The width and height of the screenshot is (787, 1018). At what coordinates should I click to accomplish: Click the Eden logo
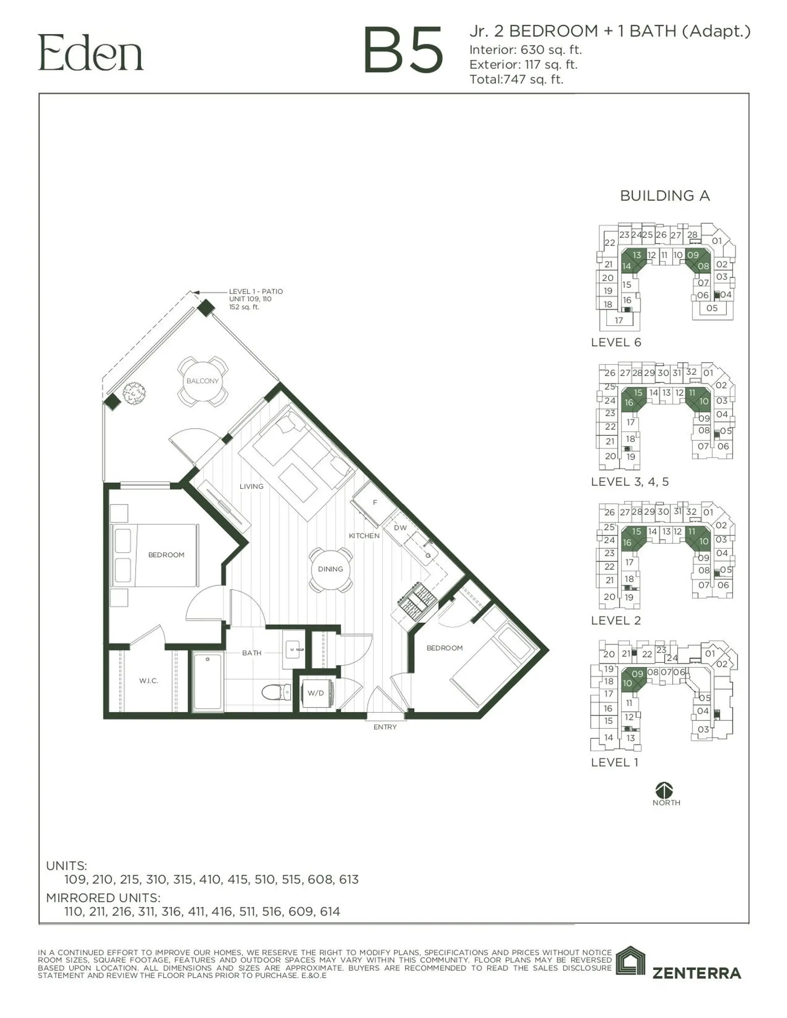point(91,53)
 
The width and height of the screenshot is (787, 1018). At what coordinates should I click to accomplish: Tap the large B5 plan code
point(403,50)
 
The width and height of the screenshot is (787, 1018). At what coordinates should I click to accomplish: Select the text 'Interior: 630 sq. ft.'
point(525,50)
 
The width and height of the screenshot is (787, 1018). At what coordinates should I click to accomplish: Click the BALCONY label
point(202,381)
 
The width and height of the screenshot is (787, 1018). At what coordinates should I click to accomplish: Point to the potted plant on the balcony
point(134,393)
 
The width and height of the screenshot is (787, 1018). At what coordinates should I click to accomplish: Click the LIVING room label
point(251,486)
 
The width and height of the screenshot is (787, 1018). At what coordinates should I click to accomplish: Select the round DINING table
point(330,569)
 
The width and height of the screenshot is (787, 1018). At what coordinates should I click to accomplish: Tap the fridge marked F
point(374,503)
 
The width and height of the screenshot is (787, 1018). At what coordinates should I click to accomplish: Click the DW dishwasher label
point(400,528)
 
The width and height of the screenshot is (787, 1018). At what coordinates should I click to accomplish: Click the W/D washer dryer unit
point(316,693)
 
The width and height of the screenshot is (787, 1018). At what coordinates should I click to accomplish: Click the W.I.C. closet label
point(148,681)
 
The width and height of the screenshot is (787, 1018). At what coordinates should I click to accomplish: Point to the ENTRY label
point(385,727)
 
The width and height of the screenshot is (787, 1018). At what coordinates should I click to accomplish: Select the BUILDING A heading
point(665,196)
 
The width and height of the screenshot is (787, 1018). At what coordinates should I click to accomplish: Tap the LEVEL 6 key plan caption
point(616,342)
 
